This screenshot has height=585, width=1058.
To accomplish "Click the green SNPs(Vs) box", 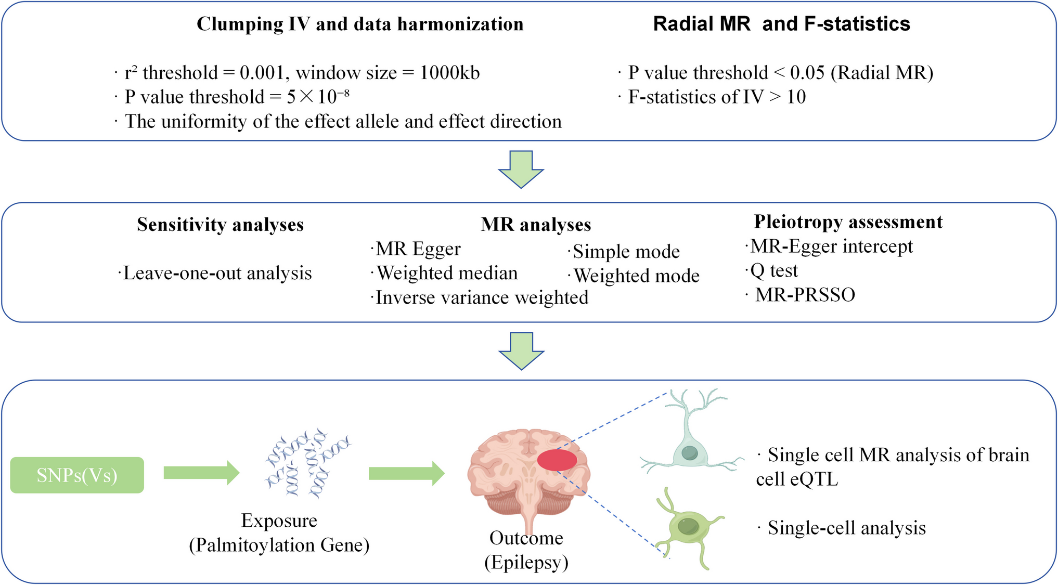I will tap(77, 475).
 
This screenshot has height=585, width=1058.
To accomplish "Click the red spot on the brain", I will tap(557, 460).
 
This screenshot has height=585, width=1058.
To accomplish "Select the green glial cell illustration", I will tap(688, 528).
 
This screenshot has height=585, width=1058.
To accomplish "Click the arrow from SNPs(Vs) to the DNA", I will tap(201, 473).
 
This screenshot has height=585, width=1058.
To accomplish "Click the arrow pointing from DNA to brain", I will tap(406, 473).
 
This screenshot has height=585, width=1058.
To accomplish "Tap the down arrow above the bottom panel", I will tap(521, 351).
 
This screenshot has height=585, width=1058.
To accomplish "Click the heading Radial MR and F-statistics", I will tap(781, 24).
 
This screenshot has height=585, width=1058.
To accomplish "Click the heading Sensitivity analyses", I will tap(220, 224).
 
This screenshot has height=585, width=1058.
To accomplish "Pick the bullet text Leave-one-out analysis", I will tap(217, 273).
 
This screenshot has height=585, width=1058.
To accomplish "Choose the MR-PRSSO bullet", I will tap(805, 295).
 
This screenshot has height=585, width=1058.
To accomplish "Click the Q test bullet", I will tap(773, 270).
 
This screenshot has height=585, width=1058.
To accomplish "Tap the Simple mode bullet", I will tap(626, 252).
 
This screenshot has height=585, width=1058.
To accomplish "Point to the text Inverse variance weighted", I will tap(482, 297).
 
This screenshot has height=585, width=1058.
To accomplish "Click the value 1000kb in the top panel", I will tap(449, 73).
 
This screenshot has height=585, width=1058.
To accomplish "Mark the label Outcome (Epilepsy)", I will tap(526, 550).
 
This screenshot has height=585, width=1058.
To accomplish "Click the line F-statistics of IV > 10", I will tap(717, 97).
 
